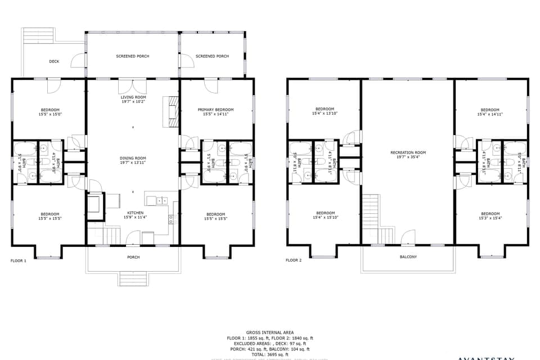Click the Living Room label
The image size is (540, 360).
click(133, 97)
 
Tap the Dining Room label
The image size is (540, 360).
click(133, 158)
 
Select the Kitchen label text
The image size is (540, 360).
click(135, 213)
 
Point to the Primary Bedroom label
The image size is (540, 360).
click(215, 110)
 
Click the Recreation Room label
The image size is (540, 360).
click(408, 152)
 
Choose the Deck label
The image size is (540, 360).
click(54, 61)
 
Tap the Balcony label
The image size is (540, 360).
click(408, 257)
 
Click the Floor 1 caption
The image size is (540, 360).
click(19, 260)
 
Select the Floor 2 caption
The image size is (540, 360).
click(294, 260)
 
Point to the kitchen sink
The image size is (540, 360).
click(160, 200)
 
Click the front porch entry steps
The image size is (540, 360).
click(133, 278)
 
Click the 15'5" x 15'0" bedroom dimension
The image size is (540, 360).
click(49, 114)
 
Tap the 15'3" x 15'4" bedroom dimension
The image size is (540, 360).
click(490, 218)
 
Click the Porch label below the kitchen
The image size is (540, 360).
click(133, 257)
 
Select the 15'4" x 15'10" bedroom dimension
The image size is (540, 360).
click(325, 218)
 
